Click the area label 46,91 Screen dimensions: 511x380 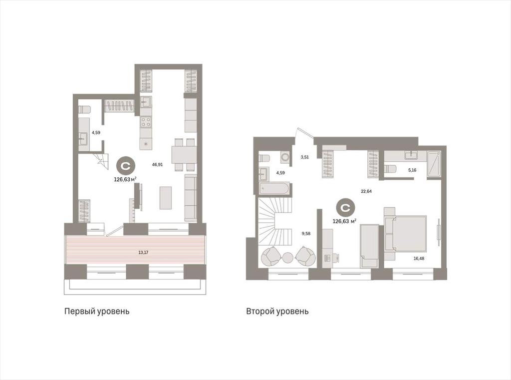157,165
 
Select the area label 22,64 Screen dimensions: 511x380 366,191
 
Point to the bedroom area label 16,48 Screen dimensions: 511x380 419,258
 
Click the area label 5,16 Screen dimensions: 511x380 412,170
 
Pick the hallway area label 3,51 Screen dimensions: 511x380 305,157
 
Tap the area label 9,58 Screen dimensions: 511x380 306,233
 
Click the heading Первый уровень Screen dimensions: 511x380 97,311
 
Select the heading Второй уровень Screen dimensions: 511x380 277,311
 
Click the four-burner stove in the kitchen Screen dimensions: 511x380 146,122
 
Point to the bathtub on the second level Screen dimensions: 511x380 274,189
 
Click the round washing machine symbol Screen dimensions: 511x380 285,157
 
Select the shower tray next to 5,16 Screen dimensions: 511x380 434,164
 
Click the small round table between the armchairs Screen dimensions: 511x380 288,258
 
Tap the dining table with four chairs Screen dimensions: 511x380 184,155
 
